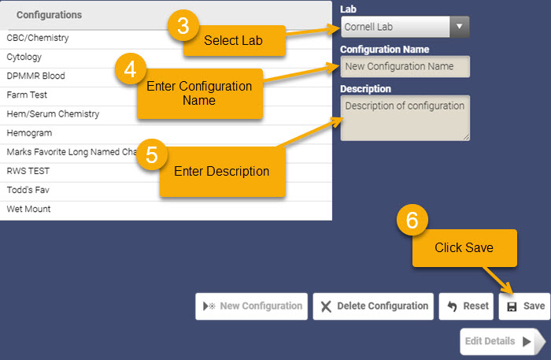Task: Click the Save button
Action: (524, 306)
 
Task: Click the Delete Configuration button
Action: (373, 306)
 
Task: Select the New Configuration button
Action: (252, 306)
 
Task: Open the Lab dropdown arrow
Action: (459, 27)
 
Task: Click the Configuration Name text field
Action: (405, 66)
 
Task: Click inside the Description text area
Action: (405, 118)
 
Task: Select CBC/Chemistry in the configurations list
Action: (38, 38)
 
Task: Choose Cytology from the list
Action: (24, 57)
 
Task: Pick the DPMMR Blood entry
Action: (36, 76)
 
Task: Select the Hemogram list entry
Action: (29, 133)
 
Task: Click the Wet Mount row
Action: (28, 209)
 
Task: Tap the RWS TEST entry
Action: (28, 171)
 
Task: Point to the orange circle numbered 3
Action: (183, 25)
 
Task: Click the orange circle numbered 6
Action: (412, 220)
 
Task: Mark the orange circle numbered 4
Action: (131, 69)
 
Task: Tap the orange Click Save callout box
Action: (464, 248)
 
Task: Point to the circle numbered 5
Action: (152, 154)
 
